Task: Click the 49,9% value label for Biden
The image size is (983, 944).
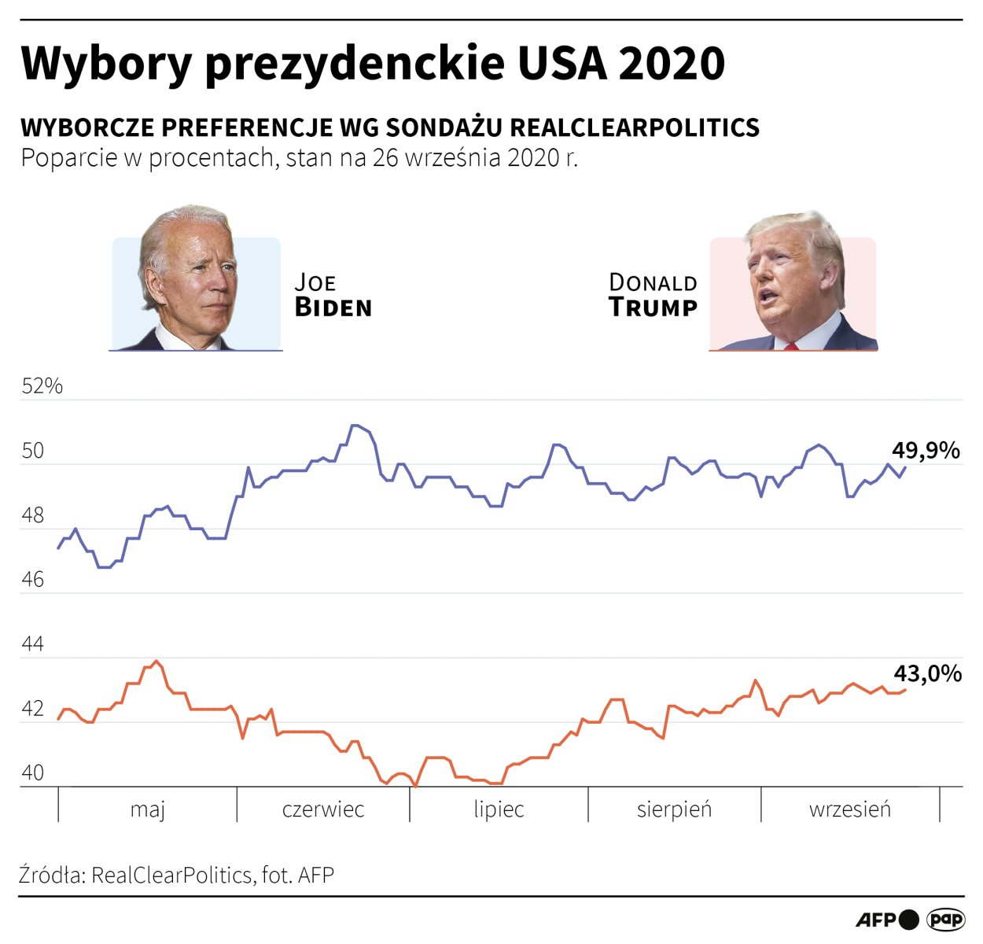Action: [926, 450]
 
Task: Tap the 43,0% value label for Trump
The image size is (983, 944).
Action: [927, 673]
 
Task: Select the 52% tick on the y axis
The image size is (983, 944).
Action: [42, 385]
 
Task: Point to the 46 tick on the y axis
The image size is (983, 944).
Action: [33, 580]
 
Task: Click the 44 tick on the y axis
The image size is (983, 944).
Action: [33, 644]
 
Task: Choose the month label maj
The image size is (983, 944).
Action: [148, 809]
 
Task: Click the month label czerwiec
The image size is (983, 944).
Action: [323, 809]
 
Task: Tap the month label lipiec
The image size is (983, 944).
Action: [499, 809]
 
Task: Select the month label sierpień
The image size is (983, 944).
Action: [674, 809]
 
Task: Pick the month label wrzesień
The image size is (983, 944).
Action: [850, 809]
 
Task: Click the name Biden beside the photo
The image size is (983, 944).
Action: [333, 308]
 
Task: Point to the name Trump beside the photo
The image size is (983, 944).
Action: [653, 308]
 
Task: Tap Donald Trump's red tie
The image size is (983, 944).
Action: [790, 345]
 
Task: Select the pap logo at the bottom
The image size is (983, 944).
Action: [945, 919]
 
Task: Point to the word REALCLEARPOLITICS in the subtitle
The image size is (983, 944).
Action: [635, 127]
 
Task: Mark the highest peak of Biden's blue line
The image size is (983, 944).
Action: [355, 426]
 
